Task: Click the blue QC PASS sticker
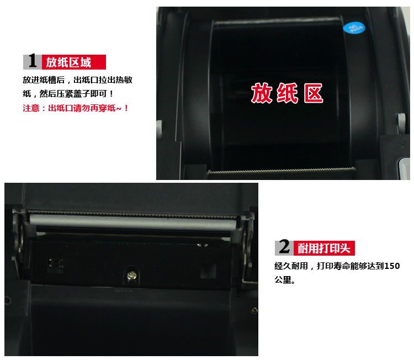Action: tap(354, 28)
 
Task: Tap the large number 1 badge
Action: tap(33, 61)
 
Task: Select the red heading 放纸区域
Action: tap(73, 62)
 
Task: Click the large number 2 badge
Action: tap(284, 247)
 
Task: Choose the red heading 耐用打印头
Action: tap(324, 248)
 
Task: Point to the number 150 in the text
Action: tap(392, 266)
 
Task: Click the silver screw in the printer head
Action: tap(131, 276)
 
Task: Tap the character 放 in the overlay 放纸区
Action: tap(261, 93)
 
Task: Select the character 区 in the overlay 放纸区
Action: tap(314, 93)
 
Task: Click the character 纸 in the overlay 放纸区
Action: tap(287, 93)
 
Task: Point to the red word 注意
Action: tap(31, 108)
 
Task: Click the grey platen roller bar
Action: tap(132, 221)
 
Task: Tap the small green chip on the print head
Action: tap(55, 264)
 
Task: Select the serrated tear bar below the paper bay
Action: tap(282, 171)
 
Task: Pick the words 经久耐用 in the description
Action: tap(291, 266)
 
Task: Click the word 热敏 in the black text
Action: tap(124, 80)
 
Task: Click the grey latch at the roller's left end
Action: tap(19, 232)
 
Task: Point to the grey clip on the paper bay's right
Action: tap(401, 123)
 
